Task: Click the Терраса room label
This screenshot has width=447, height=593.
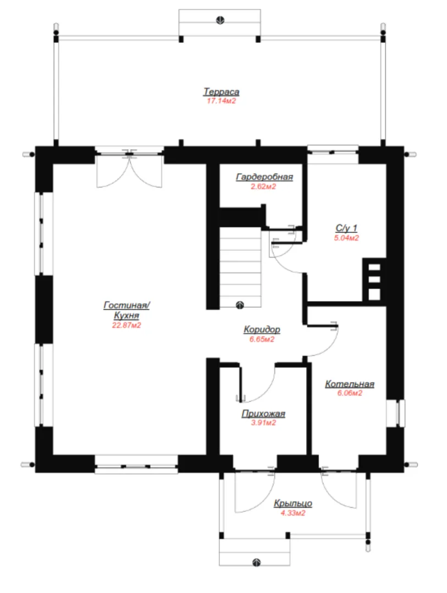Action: point(221,92)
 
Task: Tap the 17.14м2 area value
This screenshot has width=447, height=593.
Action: point(221,101)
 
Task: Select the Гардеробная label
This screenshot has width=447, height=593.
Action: point(264,177)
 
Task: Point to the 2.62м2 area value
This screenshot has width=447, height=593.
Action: point(263,187)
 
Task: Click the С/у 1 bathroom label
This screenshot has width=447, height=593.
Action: point(346,228)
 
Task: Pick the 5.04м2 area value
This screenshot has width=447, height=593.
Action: point(346,238)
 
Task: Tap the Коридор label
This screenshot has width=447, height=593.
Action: point(262,329)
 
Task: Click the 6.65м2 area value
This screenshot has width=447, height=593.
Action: point(262,339)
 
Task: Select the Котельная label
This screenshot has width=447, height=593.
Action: point(350,384)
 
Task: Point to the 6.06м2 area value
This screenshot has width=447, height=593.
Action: point(350,393)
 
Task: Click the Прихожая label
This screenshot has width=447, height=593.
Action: point(263,414)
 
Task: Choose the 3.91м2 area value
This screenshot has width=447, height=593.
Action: point(263,423)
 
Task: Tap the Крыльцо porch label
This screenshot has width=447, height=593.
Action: point(293,504)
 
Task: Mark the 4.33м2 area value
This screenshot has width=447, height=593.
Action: point(293,513)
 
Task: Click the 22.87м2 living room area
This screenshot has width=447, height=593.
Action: point(126,325)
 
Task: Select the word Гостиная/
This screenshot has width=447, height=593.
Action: point(126,305)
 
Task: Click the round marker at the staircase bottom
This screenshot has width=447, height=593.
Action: point(239,305)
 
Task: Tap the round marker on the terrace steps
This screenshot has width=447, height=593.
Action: point(220,20)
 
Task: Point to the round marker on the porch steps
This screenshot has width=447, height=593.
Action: point(256,562)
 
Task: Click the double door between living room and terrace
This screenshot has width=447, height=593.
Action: point(130,169)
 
